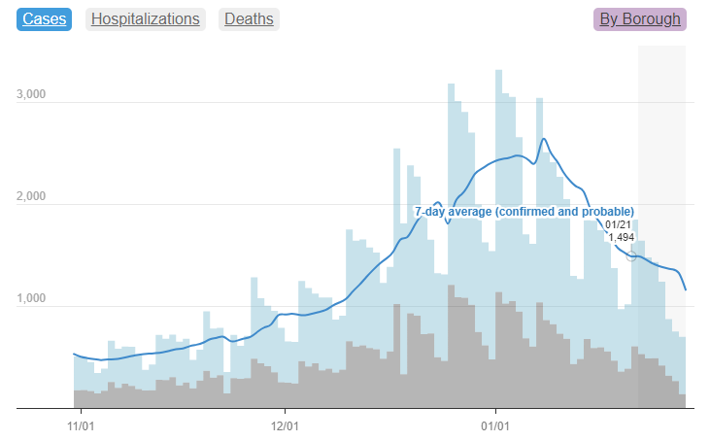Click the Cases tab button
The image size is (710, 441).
pos(44,18)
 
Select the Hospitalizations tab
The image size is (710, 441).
pos(146,18)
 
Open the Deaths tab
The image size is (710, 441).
pos(249,18)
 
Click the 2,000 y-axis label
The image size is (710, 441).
pos(33,196)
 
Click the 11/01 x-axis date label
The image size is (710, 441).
pos(81,424)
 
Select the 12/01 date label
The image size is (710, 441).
pos(284,424)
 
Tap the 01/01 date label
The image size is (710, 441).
pos(495,424)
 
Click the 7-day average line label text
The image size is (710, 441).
pos(524,211)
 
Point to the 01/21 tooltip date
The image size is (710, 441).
pos(617,224)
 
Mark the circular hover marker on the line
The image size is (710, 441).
pos(631,254)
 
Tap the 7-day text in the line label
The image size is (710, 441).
pos(431,211)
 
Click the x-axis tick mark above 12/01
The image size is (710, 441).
pos(284,412)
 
